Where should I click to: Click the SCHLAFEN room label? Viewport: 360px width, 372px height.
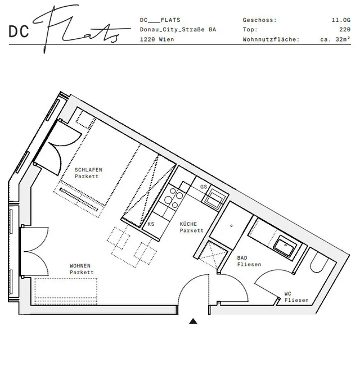pos(88,170)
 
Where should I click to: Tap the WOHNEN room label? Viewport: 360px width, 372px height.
pos(80,266)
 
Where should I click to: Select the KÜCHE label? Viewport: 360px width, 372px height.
pos(188,224)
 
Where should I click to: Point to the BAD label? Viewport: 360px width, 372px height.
pos(242,258)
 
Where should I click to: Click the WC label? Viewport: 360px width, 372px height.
pos(288,294)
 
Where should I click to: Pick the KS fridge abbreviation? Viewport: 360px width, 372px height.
pos(151,224)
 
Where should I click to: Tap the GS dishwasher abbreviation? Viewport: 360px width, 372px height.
pos(204,187)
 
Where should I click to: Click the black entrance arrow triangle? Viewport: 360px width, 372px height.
pos(193,321)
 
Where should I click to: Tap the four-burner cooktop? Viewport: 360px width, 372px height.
pos(174,198)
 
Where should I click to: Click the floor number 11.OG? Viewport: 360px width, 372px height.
pos(341,20)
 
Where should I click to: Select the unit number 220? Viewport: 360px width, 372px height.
pos(345,29)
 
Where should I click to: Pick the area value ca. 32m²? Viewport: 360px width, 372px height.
pos(335,39)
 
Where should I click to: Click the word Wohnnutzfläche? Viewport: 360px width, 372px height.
pos(271,39)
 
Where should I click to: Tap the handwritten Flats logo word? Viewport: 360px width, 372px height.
pos(81,29)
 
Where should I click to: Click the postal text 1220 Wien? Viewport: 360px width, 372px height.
pos(157,39)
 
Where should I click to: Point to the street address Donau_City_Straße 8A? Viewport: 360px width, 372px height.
pos(178,29)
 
